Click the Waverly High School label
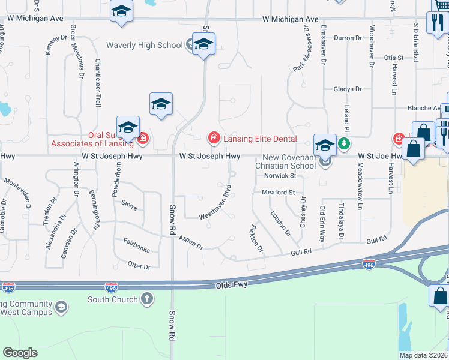click(144, 45)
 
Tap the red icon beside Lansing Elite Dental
click(214, 139)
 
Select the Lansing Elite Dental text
click(261, 139)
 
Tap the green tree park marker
click(343, 143)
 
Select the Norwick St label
click(281, 176)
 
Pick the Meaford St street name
click(278, 193)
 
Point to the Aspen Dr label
click(191, 242)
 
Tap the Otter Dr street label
click(139, 265)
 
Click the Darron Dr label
click(348, 38)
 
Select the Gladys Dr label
click(348, 89)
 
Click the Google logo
click(20, 353)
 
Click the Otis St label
click(394, 58)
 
